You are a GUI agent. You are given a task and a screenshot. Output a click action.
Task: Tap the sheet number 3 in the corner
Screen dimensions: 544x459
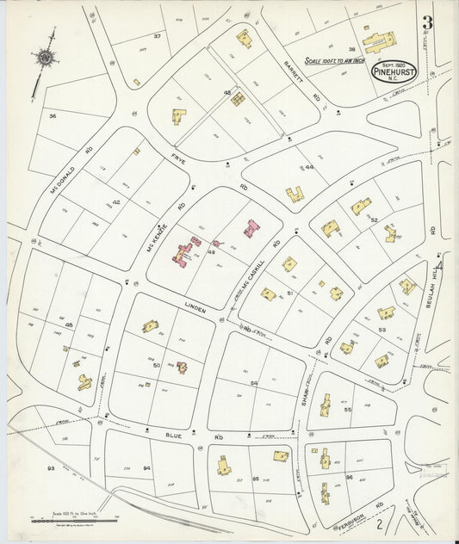point(427,23)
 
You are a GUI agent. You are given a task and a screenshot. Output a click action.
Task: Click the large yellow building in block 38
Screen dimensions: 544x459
point(379,40)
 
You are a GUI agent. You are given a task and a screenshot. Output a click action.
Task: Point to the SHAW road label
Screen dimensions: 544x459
point(304,397)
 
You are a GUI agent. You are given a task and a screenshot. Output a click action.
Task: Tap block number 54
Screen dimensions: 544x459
point(253,382)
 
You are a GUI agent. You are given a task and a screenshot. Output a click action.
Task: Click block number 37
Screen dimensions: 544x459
point(158,35)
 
